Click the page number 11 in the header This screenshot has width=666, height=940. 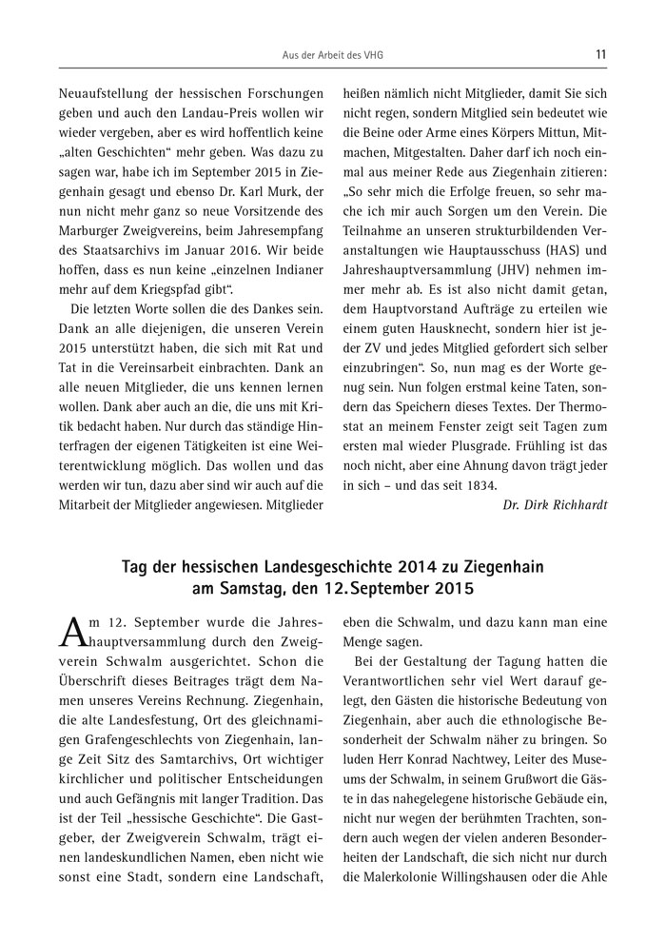(x=600, y=54)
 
